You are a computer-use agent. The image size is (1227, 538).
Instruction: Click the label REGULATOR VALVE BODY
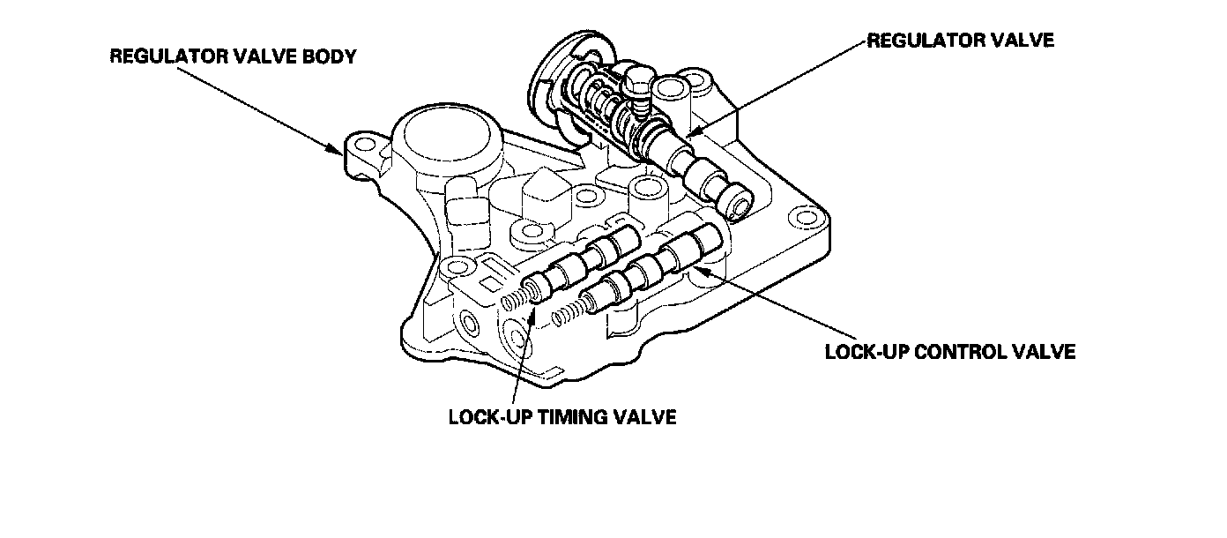233,57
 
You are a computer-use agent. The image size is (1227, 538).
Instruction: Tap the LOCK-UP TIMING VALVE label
562,416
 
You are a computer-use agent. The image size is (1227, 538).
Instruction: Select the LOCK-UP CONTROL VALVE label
950,352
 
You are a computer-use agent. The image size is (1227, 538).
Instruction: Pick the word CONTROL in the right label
960,352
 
